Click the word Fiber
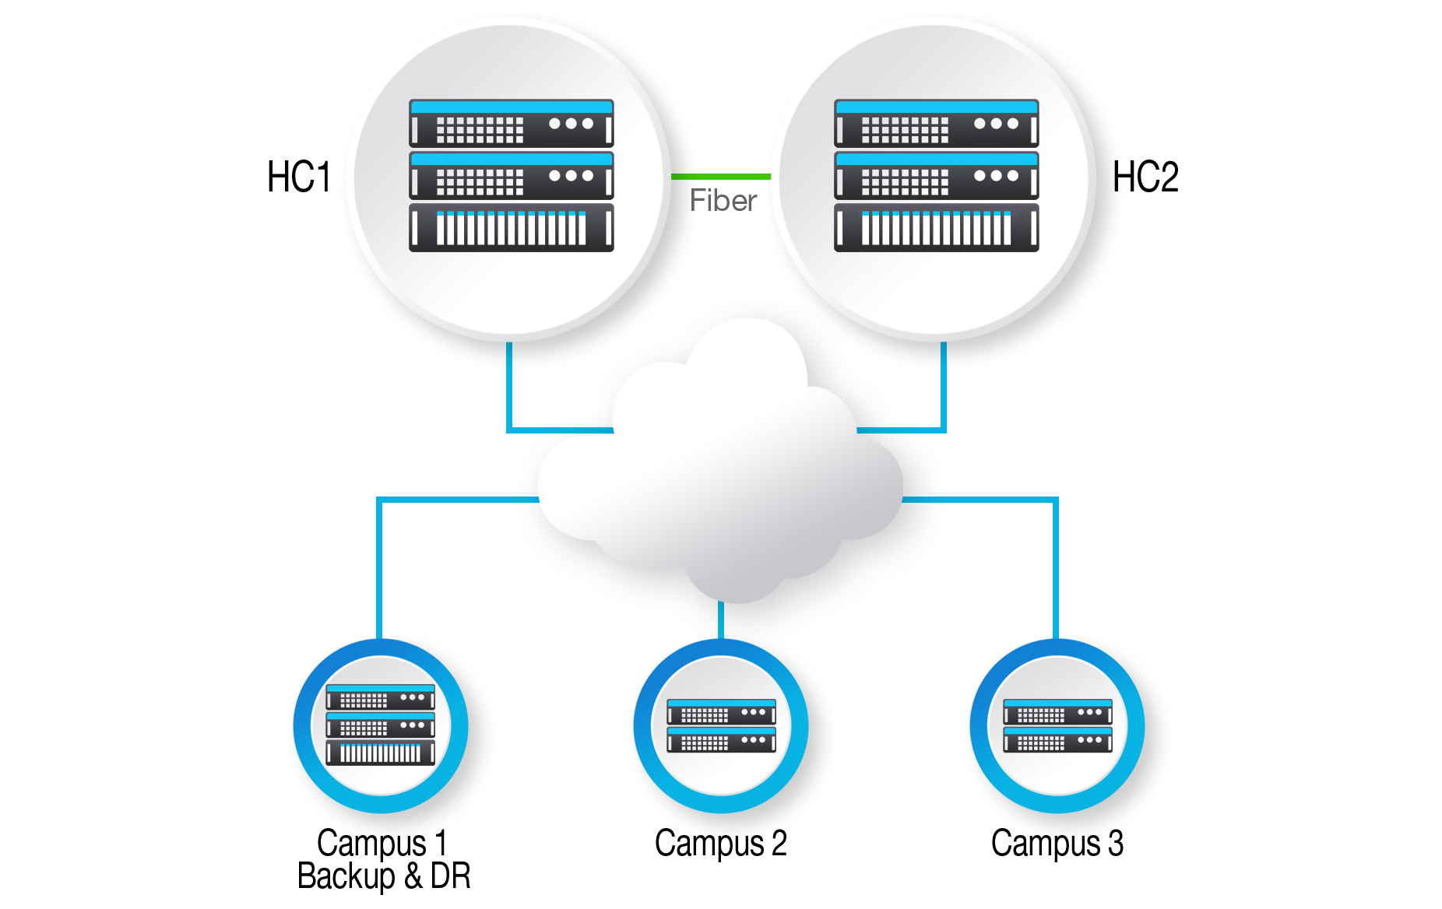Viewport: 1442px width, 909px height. [723, 201]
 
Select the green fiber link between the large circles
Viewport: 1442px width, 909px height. [721, 177]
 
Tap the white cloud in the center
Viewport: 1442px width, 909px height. [720, 475]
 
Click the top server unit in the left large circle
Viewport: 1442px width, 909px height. [511, 123]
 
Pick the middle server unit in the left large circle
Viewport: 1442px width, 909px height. [511, 175]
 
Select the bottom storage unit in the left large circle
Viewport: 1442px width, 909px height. [511, 227]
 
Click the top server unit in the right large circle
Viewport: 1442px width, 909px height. [936, 123]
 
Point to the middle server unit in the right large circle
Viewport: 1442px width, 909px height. [936, 175]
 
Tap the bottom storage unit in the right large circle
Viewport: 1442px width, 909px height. [936, 227]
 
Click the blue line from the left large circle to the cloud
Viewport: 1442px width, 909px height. [509, 389]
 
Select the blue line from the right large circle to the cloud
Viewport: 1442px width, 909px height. [944, 389]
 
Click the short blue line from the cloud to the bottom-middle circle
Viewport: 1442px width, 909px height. [721, 619]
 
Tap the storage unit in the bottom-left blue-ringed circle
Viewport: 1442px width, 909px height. [380, 753]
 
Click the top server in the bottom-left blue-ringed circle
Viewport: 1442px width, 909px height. [380, 697]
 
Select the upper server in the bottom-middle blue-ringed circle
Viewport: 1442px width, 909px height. [721, 711]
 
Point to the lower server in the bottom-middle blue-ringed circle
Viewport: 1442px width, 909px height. [721, 739]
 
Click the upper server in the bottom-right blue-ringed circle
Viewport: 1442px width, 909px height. [1057, 711]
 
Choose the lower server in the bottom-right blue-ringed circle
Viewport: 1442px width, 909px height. [1057, 739]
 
